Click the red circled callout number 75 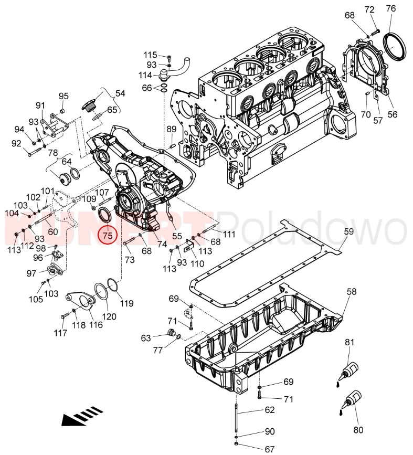(107, 236)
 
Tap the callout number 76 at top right (390, 8)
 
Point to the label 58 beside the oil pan (351, 292)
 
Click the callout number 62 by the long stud (269, 410)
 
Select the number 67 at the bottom (269, 449)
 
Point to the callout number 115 (151, 55)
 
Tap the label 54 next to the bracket (120, 93)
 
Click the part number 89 (172, 129)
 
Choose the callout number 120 (109, 316)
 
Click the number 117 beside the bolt (60, 333)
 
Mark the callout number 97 (31, 273)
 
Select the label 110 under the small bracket (197, 263)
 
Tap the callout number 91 (41, 105)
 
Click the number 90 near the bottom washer (269, 432)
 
